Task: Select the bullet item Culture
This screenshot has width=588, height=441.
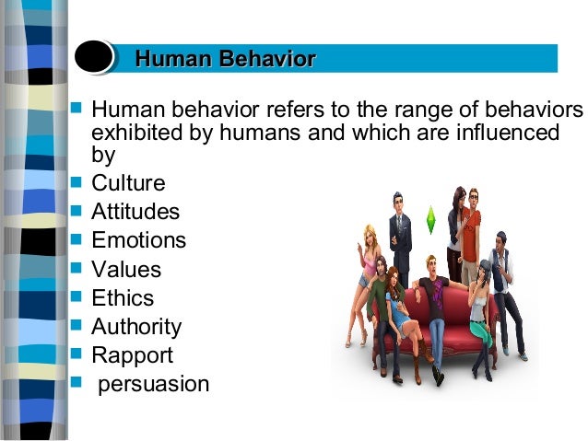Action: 128,182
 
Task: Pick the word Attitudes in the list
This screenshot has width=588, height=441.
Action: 135,212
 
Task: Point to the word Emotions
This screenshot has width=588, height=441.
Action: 138,240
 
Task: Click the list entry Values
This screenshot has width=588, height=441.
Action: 126,270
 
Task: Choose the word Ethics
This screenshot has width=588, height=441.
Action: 123,298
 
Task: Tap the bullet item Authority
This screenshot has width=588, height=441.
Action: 136,327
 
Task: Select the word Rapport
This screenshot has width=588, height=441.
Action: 132,355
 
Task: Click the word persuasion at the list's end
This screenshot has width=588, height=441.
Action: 154,384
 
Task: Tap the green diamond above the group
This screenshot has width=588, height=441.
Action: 430,220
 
